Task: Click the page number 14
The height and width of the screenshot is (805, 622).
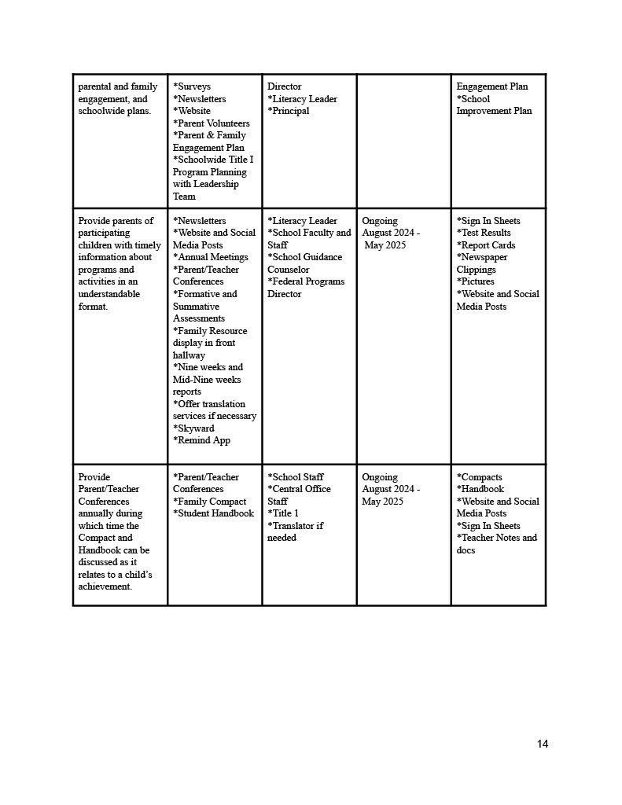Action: [x=543, y=744]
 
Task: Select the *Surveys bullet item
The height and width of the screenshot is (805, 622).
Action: [x=192, y=86]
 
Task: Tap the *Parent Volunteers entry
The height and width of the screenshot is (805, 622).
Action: [x=212, y=123]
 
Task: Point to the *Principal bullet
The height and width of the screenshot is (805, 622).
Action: [x=289, y=111]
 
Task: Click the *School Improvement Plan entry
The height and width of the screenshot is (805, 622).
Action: [x=494, y=105]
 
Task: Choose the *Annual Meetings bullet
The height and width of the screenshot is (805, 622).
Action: [x=211, y=257]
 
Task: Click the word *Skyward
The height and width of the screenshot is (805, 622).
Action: [x=193, y=428]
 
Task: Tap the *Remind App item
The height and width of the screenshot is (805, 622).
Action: [x=202, y=440]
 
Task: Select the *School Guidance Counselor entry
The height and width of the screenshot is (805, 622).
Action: [x=304, y=263]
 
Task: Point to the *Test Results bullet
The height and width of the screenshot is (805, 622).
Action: [x=484, y=233]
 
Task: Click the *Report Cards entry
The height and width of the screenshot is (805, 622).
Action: [x=486, y=245]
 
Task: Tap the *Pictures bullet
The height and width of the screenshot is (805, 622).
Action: [x=476, y=281]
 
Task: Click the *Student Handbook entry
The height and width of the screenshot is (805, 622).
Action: [x=214, y=513]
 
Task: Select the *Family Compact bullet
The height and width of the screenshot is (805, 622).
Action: [x=210, y=502]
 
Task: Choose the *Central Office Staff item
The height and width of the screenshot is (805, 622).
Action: [x=299, y=495]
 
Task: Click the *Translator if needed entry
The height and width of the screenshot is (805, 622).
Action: [x=295, y=531]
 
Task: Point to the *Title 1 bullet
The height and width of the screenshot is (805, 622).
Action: [x=283, y=513]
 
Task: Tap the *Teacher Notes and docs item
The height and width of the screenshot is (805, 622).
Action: [x=496, y=544]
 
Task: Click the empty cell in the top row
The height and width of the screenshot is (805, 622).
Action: [x=403, y=142]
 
